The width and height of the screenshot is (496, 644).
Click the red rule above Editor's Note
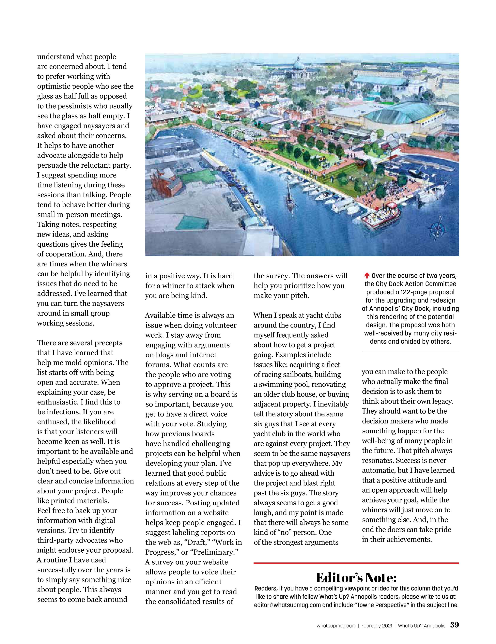click(356, 563)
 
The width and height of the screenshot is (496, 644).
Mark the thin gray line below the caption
click(410, 352)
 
